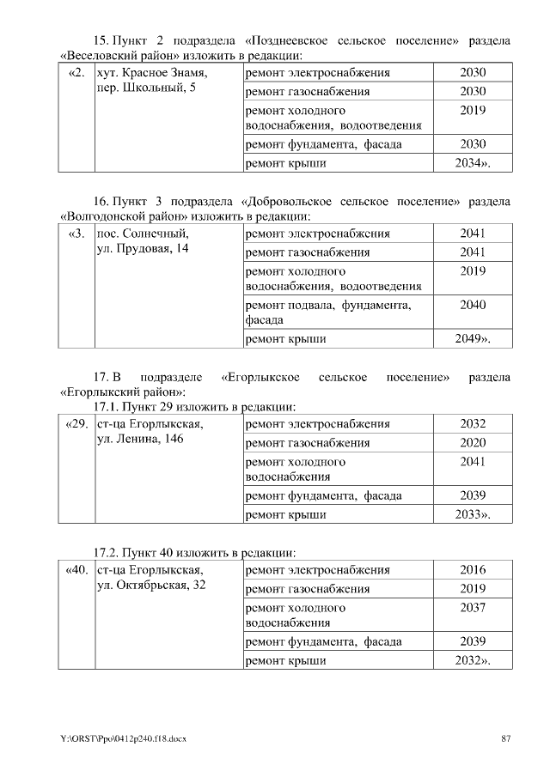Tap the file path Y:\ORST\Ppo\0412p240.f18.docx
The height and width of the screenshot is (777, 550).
[124, 739]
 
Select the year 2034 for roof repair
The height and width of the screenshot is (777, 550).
[472, 162]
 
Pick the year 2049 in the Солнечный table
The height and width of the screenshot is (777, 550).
[472, 339]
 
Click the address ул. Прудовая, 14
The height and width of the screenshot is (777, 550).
[143, 249]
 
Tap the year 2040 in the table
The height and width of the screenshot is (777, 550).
[473, 305]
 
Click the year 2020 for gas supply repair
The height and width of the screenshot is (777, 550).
[473, 443]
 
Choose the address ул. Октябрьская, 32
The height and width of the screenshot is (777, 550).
[150, 586]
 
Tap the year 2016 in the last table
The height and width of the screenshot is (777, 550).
[473, 570]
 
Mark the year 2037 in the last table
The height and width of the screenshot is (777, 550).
[473, 607]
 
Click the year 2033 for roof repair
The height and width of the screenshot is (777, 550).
[472, 514]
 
